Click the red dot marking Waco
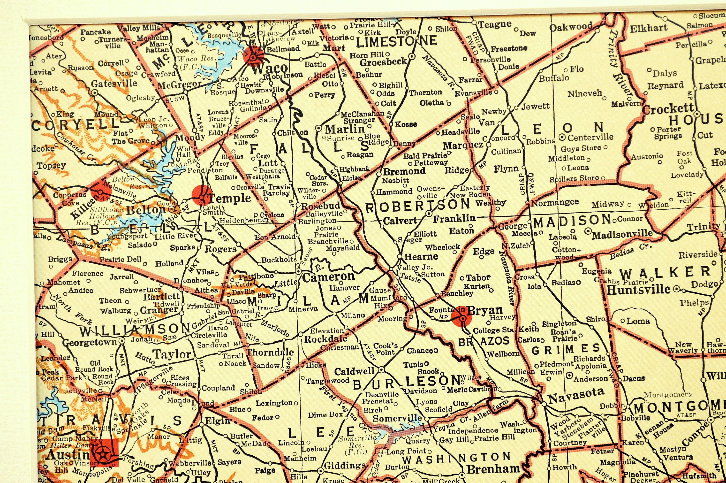[253, 57]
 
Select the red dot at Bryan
[461, 319]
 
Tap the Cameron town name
[329, 277]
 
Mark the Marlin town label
[345, 129]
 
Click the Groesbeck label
[383, 61]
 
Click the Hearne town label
[421, 256]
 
